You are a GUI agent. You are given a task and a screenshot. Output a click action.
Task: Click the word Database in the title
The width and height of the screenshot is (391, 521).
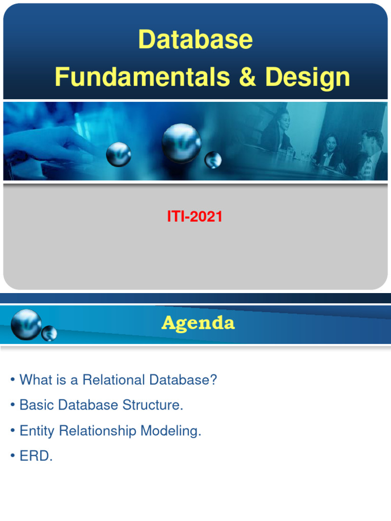(195, 40)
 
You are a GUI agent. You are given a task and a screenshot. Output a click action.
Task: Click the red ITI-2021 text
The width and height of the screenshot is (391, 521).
(195, 217)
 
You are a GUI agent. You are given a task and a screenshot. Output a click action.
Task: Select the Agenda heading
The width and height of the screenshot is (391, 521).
(198, 323)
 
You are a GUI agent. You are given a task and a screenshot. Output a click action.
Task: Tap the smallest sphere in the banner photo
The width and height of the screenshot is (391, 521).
(212, 160)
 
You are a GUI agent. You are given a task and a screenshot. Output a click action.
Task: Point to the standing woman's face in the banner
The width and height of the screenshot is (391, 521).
(283, 121)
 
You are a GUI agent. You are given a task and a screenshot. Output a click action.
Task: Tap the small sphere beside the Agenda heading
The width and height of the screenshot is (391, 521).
(49, 334)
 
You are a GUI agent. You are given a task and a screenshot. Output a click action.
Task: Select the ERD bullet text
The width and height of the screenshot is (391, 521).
(36, 456)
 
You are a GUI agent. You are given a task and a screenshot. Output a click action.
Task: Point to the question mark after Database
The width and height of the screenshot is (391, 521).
(213, 380)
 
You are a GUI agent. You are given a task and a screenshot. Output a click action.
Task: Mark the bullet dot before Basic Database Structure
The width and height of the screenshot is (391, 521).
(12, 406)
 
